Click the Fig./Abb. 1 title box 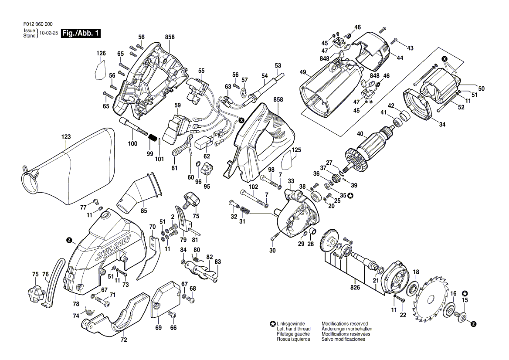(x=81, y=33)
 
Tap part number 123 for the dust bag (x=66, y=137)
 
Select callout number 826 (x=355, y=288)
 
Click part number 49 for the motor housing (x=303, y=72)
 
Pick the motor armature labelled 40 (x=373, y=144)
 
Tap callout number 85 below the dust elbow (x=143, y=211)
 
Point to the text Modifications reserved (x=345, y=324)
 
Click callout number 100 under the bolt (x=132, y=144)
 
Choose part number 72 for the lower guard (x=123, y=339)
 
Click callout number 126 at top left (x=101, y=54)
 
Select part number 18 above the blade (x=416, y=272)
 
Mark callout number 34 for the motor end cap (x=442, y=125)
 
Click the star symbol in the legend (x=272, y=324)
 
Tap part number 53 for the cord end (x=278, y=66)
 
